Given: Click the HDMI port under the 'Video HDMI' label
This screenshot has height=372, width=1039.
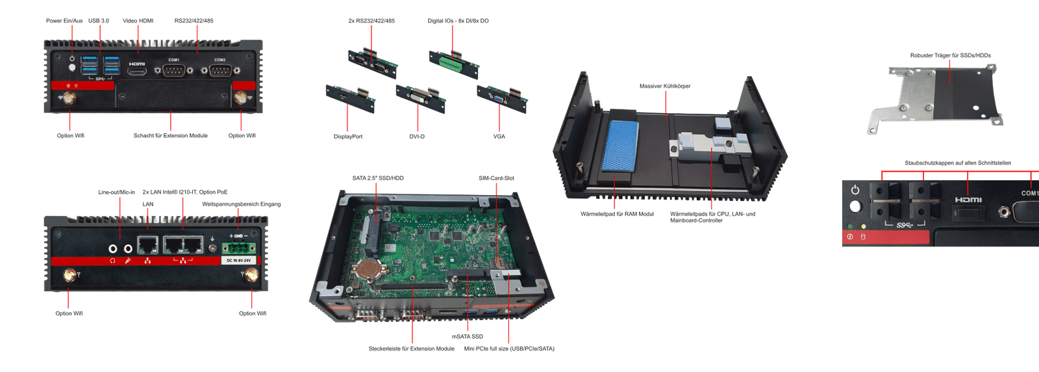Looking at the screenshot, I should click(137, 72).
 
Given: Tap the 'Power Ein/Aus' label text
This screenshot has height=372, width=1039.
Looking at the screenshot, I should click(64, 21).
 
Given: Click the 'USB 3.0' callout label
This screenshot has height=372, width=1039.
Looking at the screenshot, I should click(99, 21).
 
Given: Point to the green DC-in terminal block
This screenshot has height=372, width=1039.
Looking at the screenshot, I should click(238, 248).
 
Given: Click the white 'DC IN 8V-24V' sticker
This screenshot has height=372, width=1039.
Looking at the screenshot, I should click(238, 260).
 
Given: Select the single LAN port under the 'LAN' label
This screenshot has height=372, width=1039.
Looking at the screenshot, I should click(148, 246).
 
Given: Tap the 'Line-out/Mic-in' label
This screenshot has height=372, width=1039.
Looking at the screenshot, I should click(117, 193).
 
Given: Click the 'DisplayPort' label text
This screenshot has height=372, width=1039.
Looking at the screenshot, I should click(348, 137).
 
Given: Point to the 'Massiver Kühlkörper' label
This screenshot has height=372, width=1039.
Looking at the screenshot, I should click(665, 86).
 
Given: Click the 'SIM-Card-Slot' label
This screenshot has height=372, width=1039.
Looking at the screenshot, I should click(496, 178).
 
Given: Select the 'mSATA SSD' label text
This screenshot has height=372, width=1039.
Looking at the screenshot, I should click(468, 336).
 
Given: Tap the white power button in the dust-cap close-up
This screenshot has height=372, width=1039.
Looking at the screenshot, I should click(855, 206).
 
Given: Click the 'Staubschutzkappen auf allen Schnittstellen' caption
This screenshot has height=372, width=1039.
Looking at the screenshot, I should click(957, 163).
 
